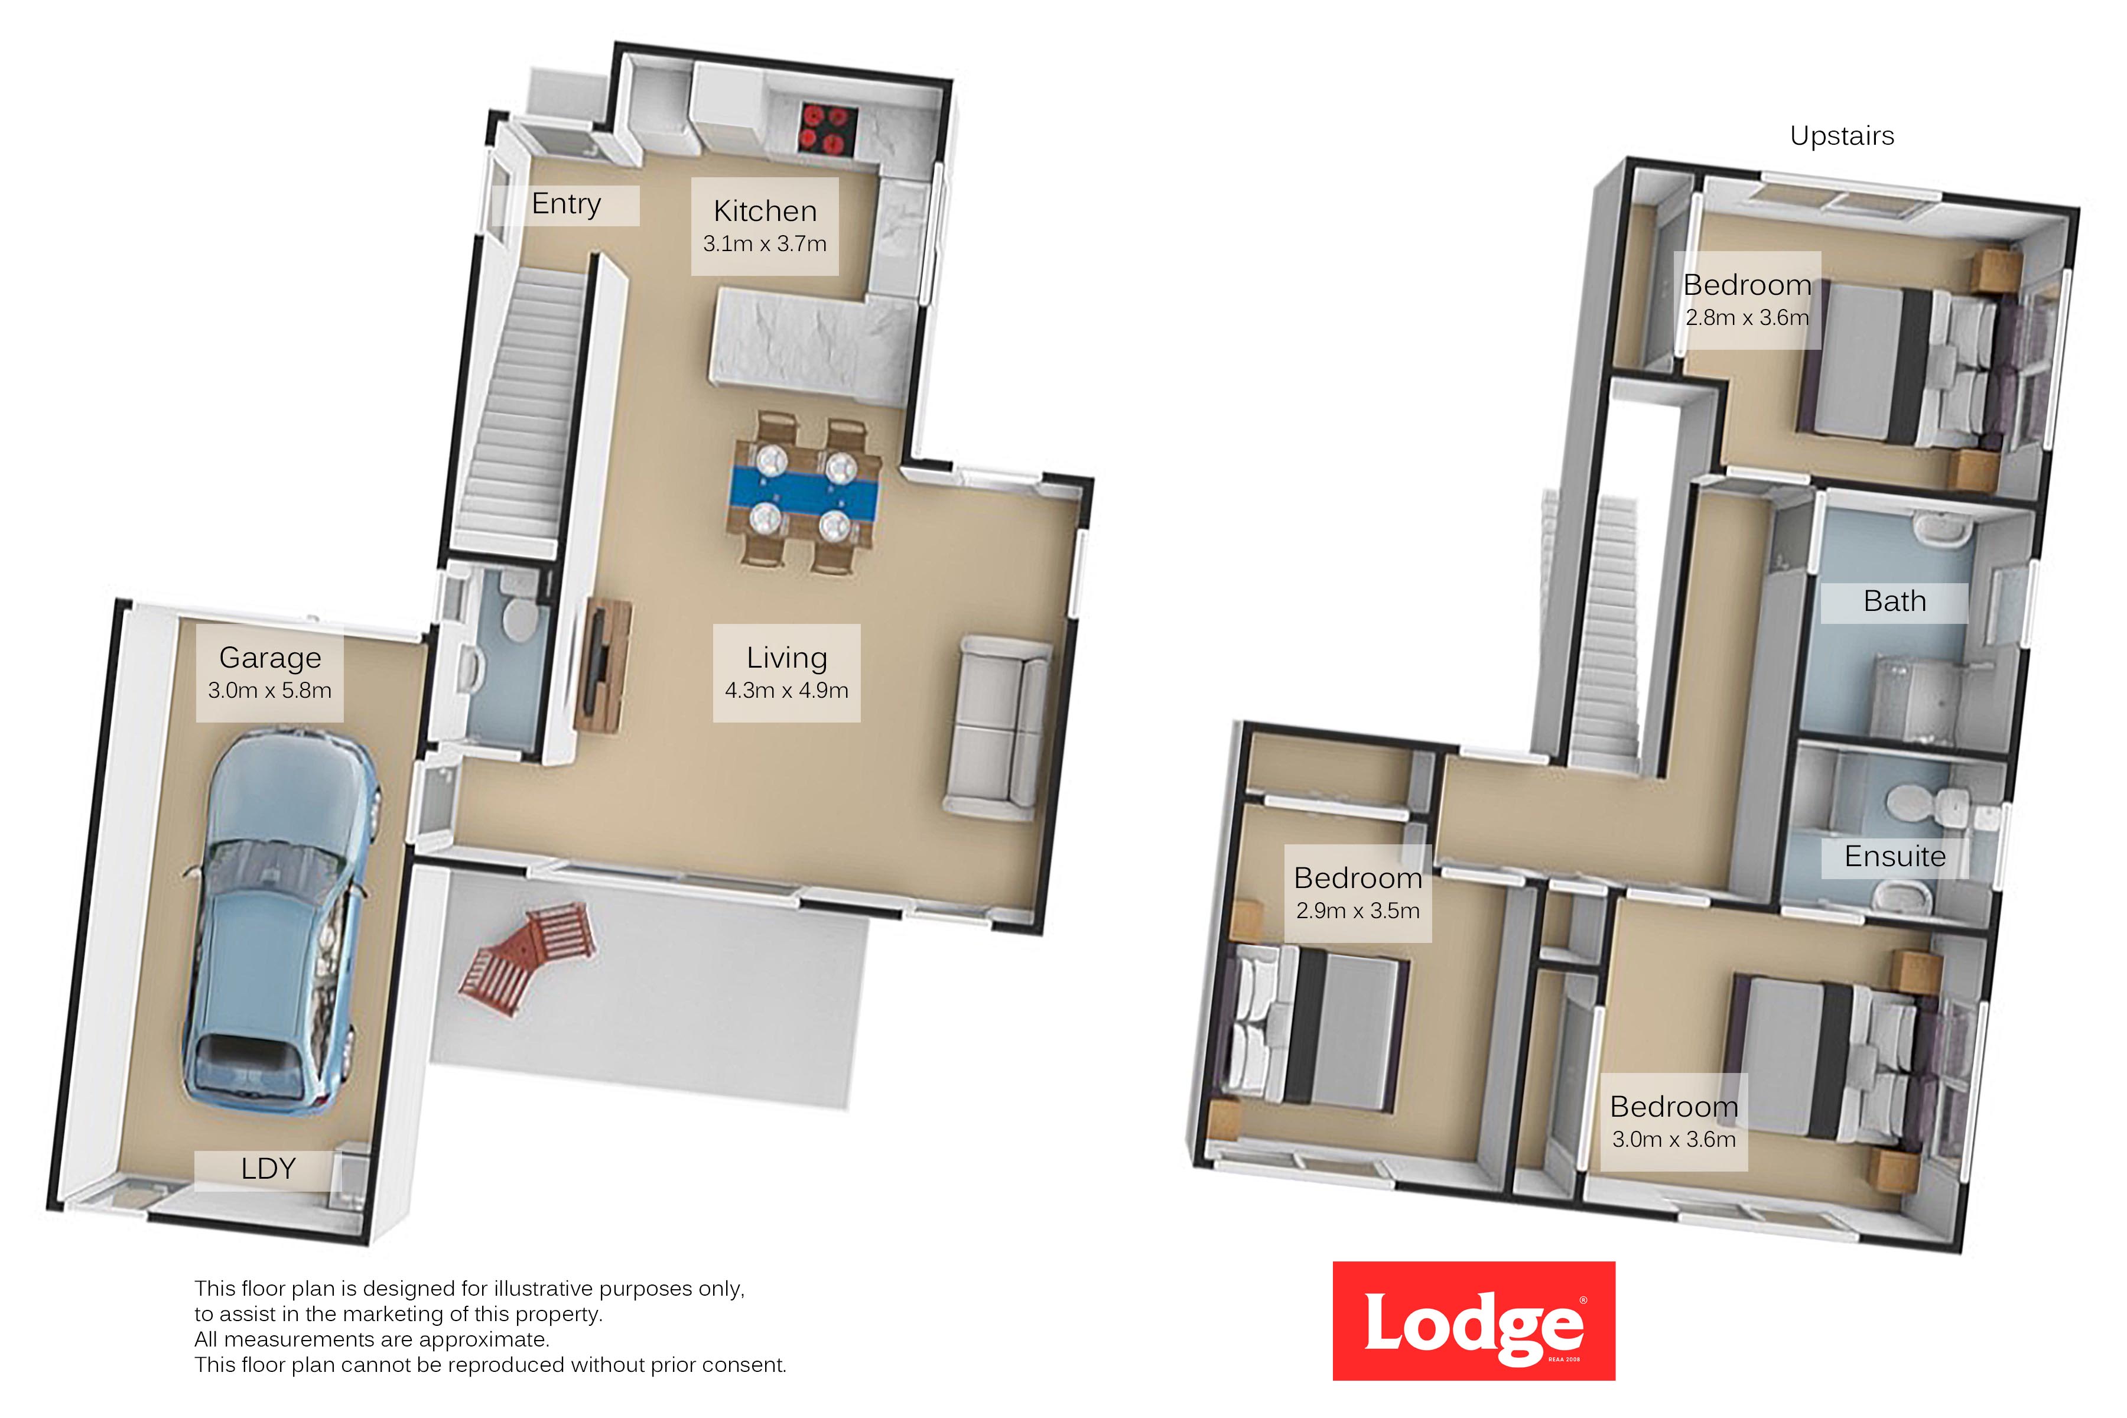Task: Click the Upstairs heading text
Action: (1841, 136)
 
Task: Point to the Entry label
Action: (566, 204)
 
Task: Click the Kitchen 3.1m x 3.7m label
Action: (765, 226)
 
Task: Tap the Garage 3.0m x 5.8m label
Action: (269, 673)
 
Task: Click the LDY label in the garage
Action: (269, 1169)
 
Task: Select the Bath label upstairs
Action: (1895, 602)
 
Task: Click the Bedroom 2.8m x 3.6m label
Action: (1747, 300)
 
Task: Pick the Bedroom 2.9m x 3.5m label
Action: (1357, 893)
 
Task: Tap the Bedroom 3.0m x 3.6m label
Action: (1674, 1122)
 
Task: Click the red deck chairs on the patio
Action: (528, 957)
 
